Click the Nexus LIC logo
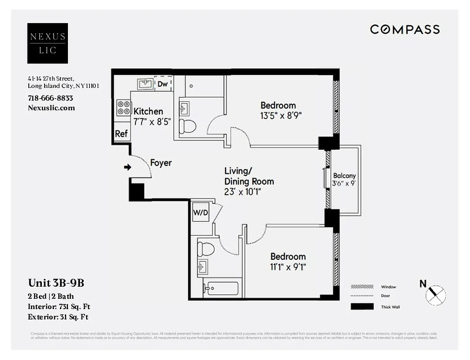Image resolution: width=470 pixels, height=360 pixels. [47, 43]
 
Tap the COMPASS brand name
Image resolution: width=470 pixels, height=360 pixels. [405, 30]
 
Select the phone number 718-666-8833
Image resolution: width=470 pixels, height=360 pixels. [50, 98]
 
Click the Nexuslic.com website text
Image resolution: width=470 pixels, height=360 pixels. [51, 108]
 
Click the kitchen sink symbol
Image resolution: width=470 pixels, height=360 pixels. [145, 84]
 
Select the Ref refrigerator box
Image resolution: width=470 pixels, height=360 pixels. [121, 134]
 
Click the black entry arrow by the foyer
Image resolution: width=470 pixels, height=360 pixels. [127, 167]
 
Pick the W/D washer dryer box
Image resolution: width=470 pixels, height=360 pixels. [200, 212]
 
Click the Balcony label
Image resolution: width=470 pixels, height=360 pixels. [344, 176]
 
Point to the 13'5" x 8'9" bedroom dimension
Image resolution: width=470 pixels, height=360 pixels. [281, 115]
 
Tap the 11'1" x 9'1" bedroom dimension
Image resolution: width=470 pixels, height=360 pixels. [288, 267]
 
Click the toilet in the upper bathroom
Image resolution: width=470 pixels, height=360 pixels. [187, 126]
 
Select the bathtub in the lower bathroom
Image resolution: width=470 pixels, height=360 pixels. [220, 288]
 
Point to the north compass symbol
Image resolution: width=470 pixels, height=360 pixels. [435, 295]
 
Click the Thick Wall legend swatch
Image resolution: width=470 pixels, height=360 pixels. [362, 307]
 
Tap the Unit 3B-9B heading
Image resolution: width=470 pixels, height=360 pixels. [56, 283]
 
